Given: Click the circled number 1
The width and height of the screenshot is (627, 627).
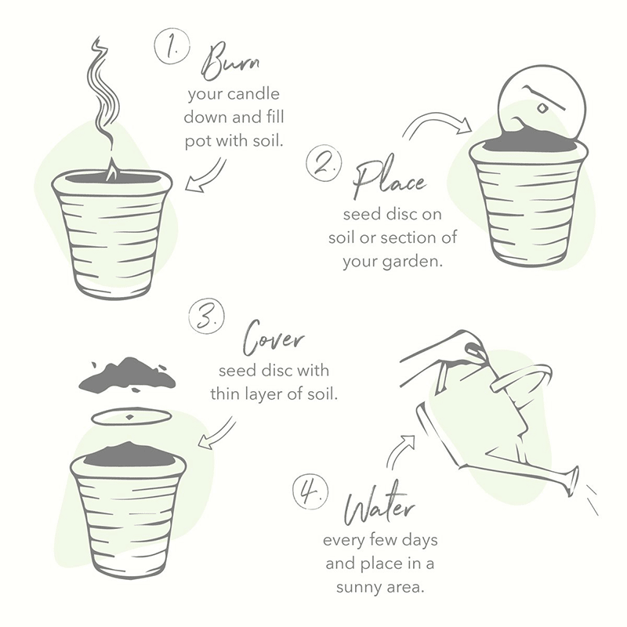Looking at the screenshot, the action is (x=172, y=46).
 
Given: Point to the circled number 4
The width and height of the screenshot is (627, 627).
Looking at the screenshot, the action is (x=310, y=491).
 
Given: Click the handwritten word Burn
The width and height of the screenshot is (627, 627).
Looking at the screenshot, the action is (x=230, y=61).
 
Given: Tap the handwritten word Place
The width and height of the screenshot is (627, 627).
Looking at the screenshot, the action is (x=389, y=181).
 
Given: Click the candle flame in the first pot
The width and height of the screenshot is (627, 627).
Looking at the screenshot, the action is (x=113, y=170).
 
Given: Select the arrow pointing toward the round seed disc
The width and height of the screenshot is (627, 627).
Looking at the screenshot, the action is (x=437, y=121).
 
